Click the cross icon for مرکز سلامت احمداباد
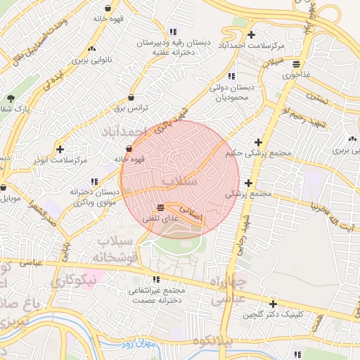[252, 34]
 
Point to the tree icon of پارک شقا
[10, 99]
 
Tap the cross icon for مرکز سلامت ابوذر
[60, 150]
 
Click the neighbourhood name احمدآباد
[124, 132]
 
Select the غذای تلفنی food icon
[161, 207]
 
